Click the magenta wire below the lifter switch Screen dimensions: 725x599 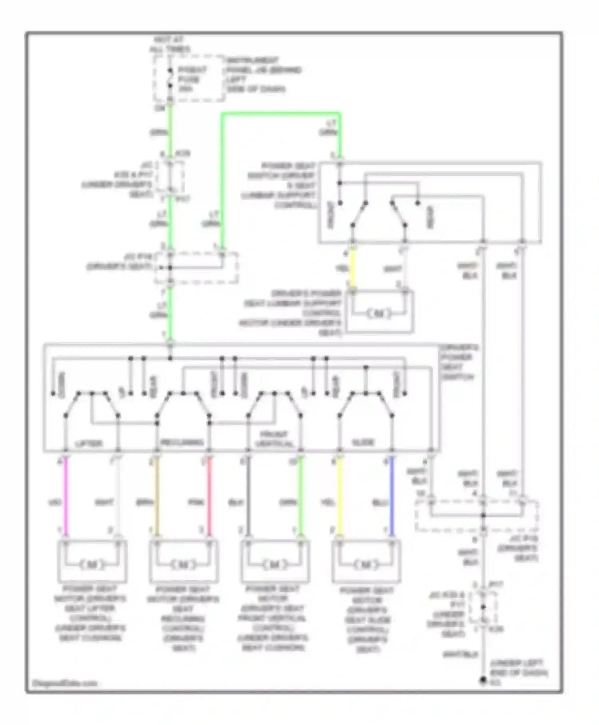click(66, 496)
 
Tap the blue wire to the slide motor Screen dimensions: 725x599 click(392, 496)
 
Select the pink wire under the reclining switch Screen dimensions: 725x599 click(209, 496)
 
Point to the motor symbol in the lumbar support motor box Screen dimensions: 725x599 click(379, 314)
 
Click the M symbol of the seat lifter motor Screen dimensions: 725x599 click(92, 565)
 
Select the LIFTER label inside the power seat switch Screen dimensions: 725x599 click(89, 443)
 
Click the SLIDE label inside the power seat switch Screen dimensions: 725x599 click(363, 442)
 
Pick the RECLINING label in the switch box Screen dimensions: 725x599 click(182, 442)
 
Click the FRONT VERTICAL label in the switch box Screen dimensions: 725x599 click(274, 439)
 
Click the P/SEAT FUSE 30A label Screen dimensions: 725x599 click(192, 79)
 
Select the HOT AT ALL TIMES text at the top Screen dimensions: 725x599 click(169, 44)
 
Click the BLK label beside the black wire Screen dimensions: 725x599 click(236, 502)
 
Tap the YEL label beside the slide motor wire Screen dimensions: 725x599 click(328, 502)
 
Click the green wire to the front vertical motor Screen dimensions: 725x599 click(301, 496)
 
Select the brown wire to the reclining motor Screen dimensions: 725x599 click(157, 496)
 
